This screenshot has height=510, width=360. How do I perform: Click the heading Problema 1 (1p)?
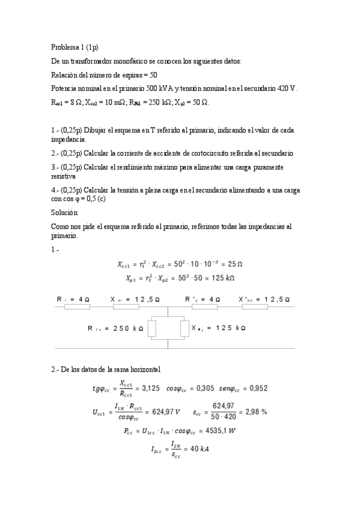point(75,47)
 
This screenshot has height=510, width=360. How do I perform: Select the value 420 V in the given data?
point(287,88)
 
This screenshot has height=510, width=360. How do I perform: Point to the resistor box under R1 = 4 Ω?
point(77,308)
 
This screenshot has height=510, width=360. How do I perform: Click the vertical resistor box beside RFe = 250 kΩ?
point(152,328)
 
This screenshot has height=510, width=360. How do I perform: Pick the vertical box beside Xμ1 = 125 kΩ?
point(185,328)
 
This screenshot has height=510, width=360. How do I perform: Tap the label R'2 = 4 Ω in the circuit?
point(203,299)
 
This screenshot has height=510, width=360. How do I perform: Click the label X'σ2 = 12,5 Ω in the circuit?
point(264,299)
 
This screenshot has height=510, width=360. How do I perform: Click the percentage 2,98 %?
point(255,412)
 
